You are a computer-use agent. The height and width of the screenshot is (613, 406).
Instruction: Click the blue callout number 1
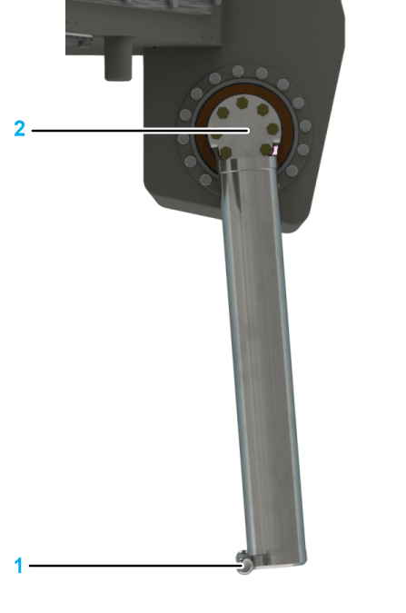coord(18,566)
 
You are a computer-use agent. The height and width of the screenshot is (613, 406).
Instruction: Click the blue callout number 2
coord(20,129)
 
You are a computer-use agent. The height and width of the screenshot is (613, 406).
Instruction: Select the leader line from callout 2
coord(141,131)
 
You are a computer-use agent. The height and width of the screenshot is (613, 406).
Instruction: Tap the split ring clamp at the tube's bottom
coord(243,563)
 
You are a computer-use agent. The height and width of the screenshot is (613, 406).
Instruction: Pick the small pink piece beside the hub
coord(274,150)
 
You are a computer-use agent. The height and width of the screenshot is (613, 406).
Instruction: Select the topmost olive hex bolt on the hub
coord(243,104)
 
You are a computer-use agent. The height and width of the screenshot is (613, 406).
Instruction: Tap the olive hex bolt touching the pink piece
coord(266,149)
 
